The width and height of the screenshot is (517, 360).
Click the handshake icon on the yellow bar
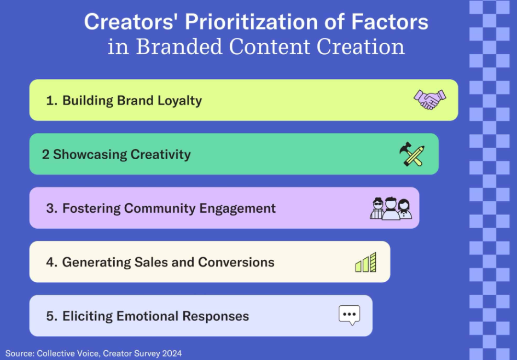430,100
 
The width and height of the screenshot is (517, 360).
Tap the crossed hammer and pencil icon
412,154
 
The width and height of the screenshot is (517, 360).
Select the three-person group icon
391,208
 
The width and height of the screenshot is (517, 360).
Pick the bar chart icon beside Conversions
365,263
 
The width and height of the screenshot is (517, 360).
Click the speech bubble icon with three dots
350,315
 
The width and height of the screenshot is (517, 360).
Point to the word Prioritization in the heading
252,22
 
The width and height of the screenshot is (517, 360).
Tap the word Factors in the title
390,22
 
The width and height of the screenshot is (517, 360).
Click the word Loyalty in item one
179,101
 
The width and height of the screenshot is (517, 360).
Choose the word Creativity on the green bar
161,154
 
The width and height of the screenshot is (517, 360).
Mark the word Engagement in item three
237,208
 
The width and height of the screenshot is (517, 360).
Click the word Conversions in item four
236,262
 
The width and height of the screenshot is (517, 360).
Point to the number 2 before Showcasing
45,154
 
